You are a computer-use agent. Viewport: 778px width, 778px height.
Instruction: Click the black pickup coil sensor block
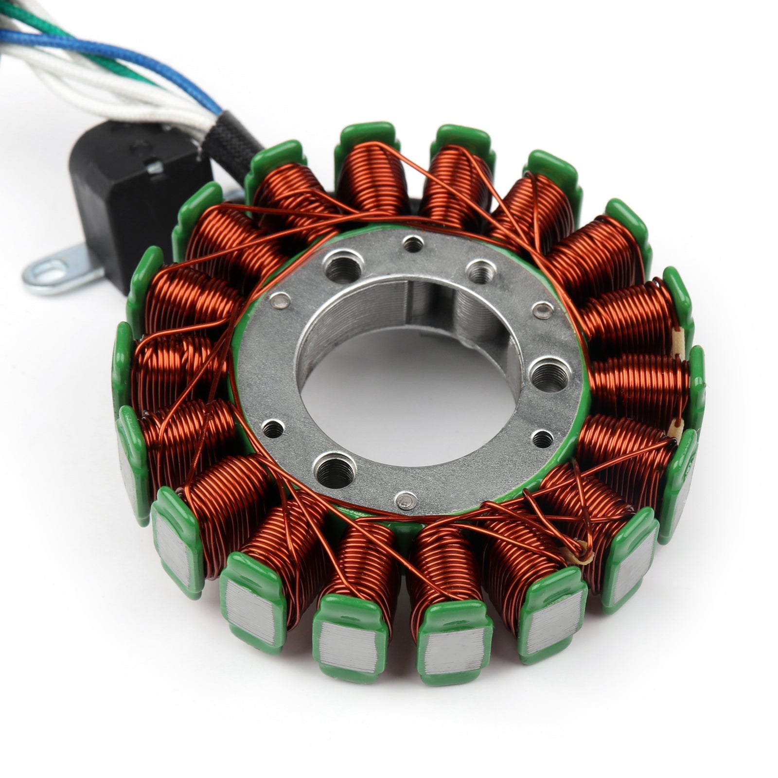point(131,194)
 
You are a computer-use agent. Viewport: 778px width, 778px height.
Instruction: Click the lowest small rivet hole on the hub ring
point(407,498)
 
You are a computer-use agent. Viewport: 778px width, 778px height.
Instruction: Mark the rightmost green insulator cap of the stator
point(696,389)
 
